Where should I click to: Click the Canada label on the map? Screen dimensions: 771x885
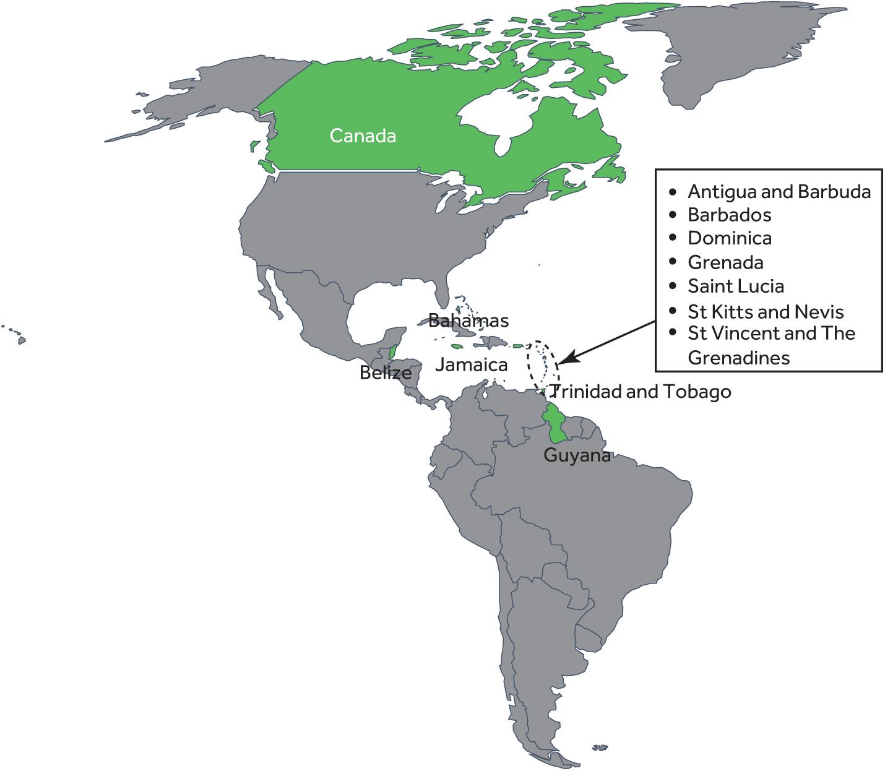(363, 136)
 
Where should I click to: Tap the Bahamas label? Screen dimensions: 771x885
(468, 321)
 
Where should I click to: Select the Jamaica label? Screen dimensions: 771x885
(471, 364)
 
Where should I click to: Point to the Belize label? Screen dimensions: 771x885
(386, 373)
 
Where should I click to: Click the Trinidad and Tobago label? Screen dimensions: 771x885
(641, 392)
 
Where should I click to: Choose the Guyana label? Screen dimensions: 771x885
(577, 455)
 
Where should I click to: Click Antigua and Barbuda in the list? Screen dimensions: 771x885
(779, 192)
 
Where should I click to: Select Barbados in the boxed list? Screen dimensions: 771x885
(730, 215)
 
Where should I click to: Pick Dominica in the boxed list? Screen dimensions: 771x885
(730, 238)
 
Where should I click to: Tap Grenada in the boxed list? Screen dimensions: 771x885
(725, 262)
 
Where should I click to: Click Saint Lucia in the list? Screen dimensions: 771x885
(736, 286)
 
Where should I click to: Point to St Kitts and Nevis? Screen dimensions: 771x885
(766, 311)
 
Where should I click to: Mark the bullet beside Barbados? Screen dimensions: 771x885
(673, 215)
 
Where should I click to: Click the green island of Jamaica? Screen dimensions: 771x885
(458, 347)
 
